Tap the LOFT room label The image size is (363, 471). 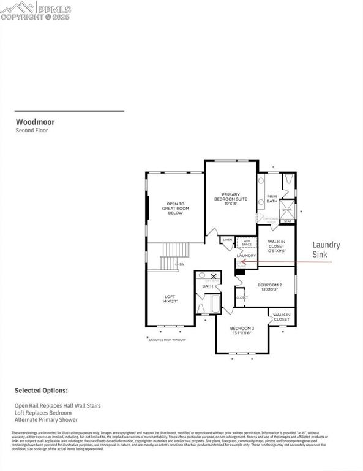point(170,299)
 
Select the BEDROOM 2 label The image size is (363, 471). point(269,287)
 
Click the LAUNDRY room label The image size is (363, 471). point(246,255)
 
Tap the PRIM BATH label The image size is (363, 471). point(272,199)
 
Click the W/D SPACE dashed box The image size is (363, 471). point(247,243)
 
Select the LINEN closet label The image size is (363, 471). point(227,240)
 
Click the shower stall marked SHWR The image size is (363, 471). point(287,210)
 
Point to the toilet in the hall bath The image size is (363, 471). point(201,307)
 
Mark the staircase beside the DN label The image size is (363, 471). point(176,256)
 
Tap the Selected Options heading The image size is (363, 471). point(42,391)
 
